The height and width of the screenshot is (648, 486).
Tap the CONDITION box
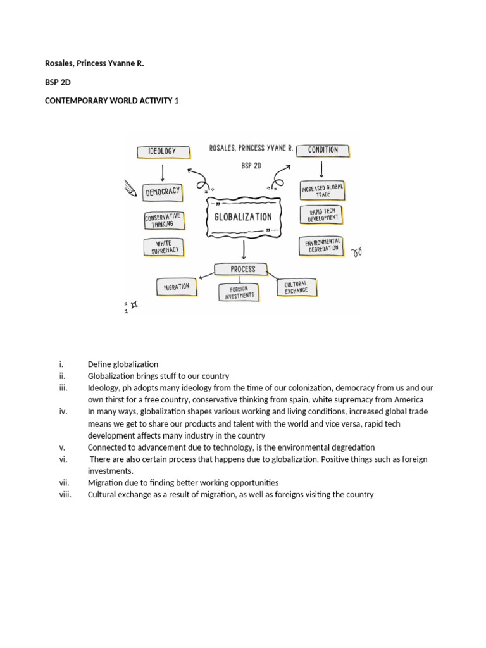tap(323, 151)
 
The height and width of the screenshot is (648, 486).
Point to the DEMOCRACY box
tap(163, 191)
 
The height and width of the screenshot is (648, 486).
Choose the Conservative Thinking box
tap(163, 220)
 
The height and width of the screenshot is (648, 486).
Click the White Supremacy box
tap(165, 247)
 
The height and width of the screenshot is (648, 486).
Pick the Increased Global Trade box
tap(322, 189)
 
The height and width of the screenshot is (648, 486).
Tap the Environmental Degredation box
tap(323, 246)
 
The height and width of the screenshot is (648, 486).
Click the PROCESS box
tap(243, 269)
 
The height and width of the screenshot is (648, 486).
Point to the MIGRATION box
tap(177, 287)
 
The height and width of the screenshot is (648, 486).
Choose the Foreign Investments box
tap(239, 292)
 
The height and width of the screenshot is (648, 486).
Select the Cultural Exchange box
tap(296, 288)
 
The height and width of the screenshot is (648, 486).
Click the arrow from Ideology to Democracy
tap(163, 171)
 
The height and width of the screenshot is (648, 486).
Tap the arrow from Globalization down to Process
tap(244, 249)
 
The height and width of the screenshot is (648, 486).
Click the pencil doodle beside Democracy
tap(131, 188)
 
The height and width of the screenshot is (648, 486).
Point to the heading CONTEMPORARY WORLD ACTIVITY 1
tap(112, 101)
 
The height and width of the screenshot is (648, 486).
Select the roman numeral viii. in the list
tap(64, 494)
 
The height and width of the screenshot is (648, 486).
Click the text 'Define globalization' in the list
tap(123, 364)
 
